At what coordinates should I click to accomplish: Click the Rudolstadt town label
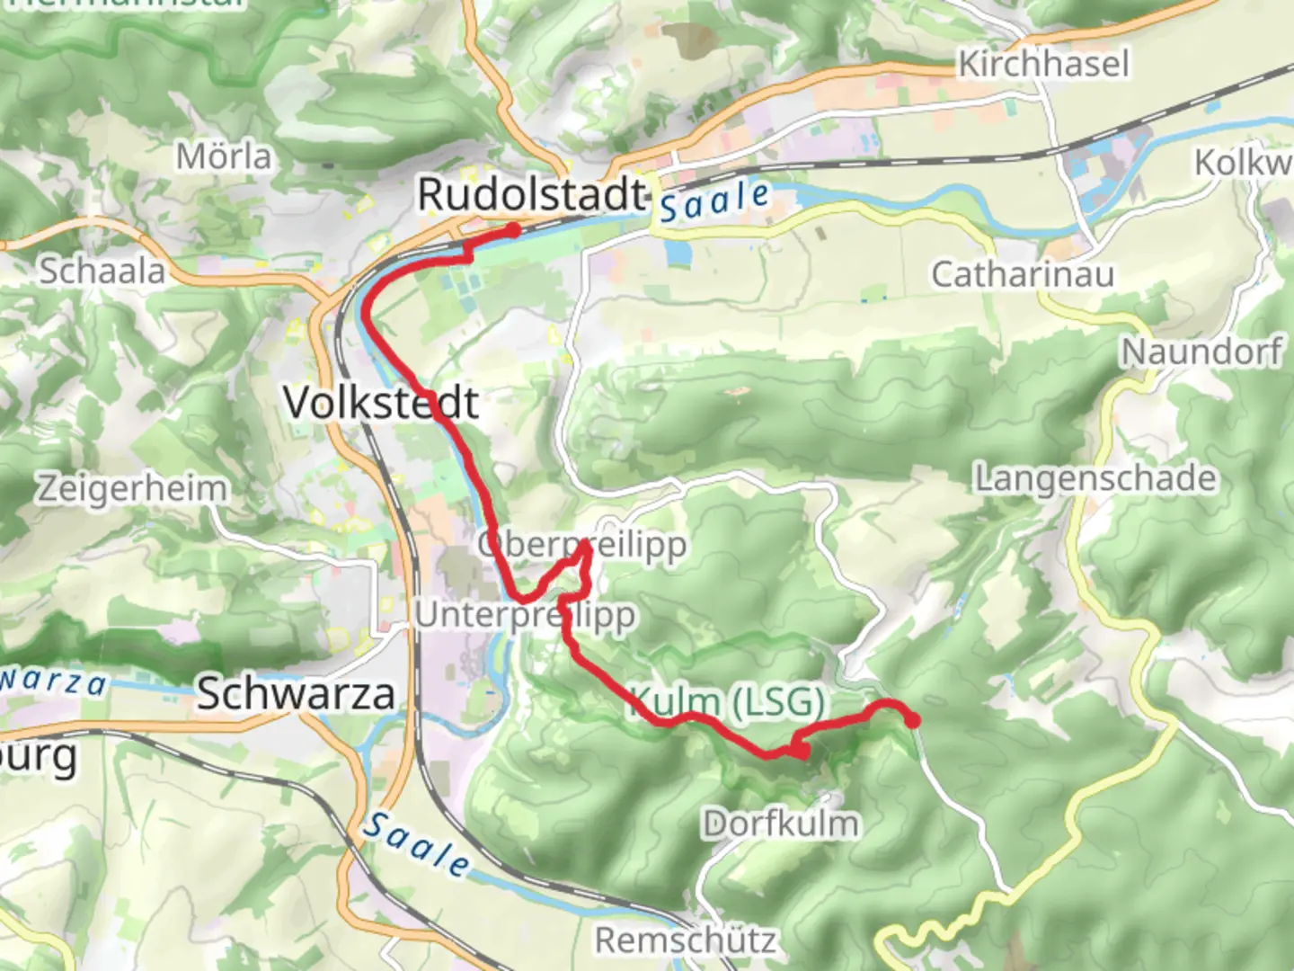point(532,195)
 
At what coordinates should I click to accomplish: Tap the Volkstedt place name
point(381,402)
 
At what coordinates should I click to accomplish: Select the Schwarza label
point(296,694)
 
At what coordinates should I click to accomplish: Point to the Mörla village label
point(224,157)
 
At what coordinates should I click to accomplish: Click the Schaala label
point(102,271)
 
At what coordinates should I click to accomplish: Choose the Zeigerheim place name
point(132,489)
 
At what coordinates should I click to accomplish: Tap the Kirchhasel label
point(1043,64)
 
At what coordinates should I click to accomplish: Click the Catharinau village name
point(1023,274)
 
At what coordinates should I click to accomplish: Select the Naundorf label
point(1201,352)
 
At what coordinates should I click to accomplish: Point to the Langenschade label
point(1096,478)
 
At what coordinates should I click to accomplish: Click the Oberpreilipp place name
point(582,545)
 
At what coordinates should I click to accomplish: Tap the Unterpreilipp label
point(526,616)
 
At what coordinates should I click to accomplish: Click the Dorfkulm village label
point(781,823)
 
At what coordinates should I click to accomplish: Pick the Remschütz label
point(686,940)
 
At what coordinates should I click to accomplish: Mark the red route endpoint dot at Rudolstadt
point(512,231)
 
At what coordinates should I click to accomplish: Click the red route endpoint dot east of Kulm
point(912,721)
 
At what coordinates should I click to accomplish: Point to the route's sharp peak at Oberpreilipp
point(585,545)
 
